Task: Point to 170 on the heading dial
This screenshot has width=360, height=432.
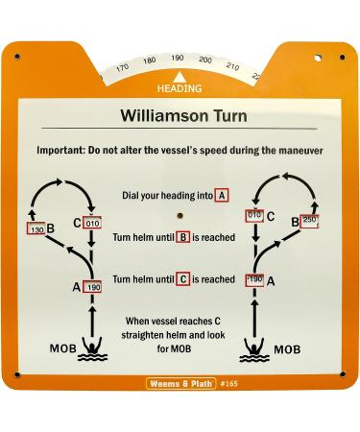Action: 123,67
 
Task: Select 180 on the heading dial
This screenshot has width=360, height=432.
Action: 150,60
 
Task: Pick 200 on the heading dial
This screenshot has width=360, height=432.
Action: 204,60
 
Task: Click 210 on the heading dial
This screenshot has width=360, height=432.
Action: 231,66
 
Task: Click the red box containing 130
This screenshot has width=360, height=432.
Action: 36,230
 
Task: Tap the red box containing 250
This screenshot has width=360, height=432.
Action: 308,220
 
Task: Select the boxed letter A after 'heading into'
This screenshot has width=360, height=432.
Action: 222,195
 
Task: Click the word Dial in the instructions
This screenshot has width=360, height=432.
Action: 132,196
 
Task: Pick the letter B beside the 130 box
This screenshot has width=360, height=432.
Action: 50,228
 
